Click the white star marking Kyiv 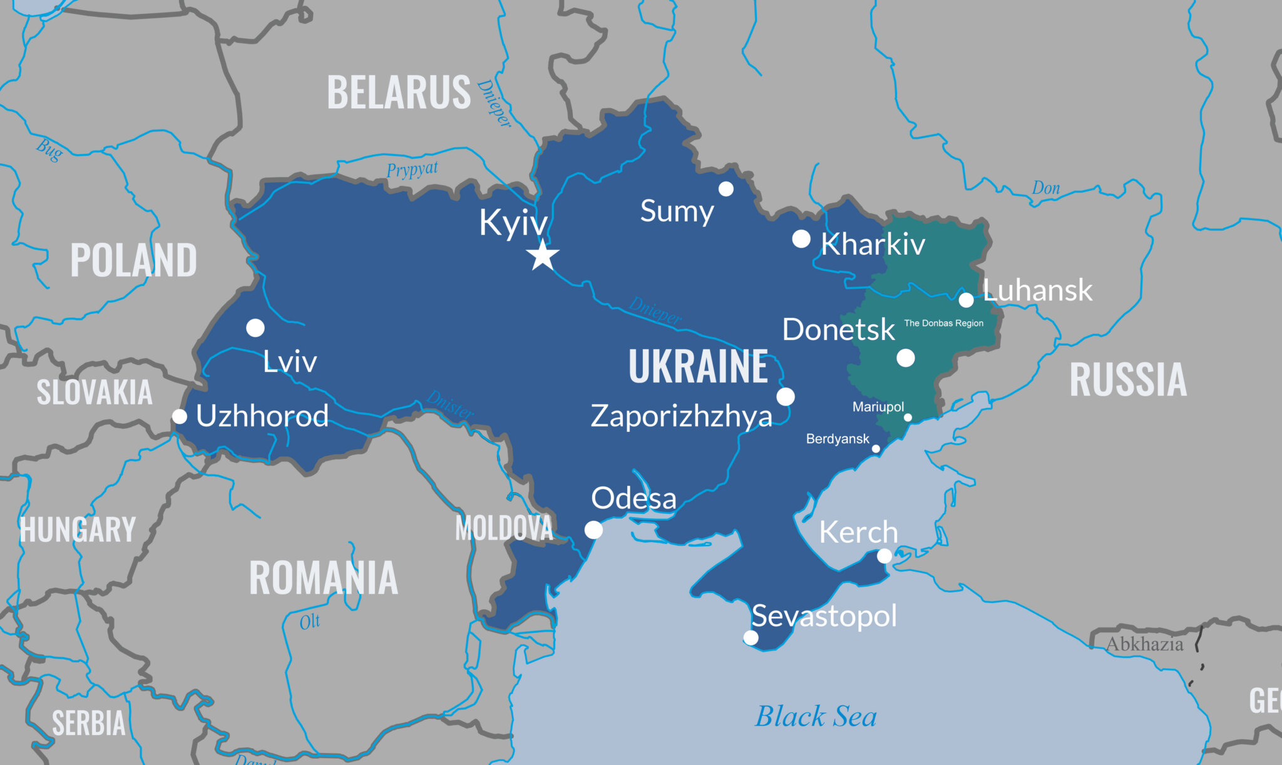pyautogui.click(x=542, y=255)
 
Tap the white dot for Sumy pyautogui.click(x=726, y=188)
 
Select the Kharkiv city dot pyautogui.click(x=801, y=239)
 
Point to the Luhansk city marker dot pyautogui.click(x=967, y=300)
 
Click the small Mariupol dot pyautogui.click(x=908, y=418)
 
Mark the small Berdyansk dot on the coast pyautogui.click(x=876, y=448)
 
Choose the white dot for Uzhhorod pyautogui.click(x=180, y=416)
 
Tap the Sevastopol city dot pyautogui.click(x=751, y=637)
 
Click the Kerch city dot pyautogui.click(x=885, y=555)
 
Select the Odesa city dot pyautogui.click(x=593, y=530)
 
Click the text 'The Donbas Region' pyautogui.click(x=943, y=323)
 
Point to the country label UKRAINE pyautogui.click(x=698, y=366)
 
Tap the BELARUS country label pyautogui.click(x=399, y=93)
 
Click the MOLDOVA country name pyautogui.click(x=504, y=528)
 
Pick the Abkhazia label pyautogui.click(x=1144, y=644)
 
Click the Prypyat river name pyautogui.click(x=412, y=170)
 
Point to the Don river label pyautogui.click(x=1045, y=188)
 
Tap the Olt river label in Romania pyautogui.click(x=309, y=622)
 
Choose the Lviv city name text pyautogui.click(x=290, y=361)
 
